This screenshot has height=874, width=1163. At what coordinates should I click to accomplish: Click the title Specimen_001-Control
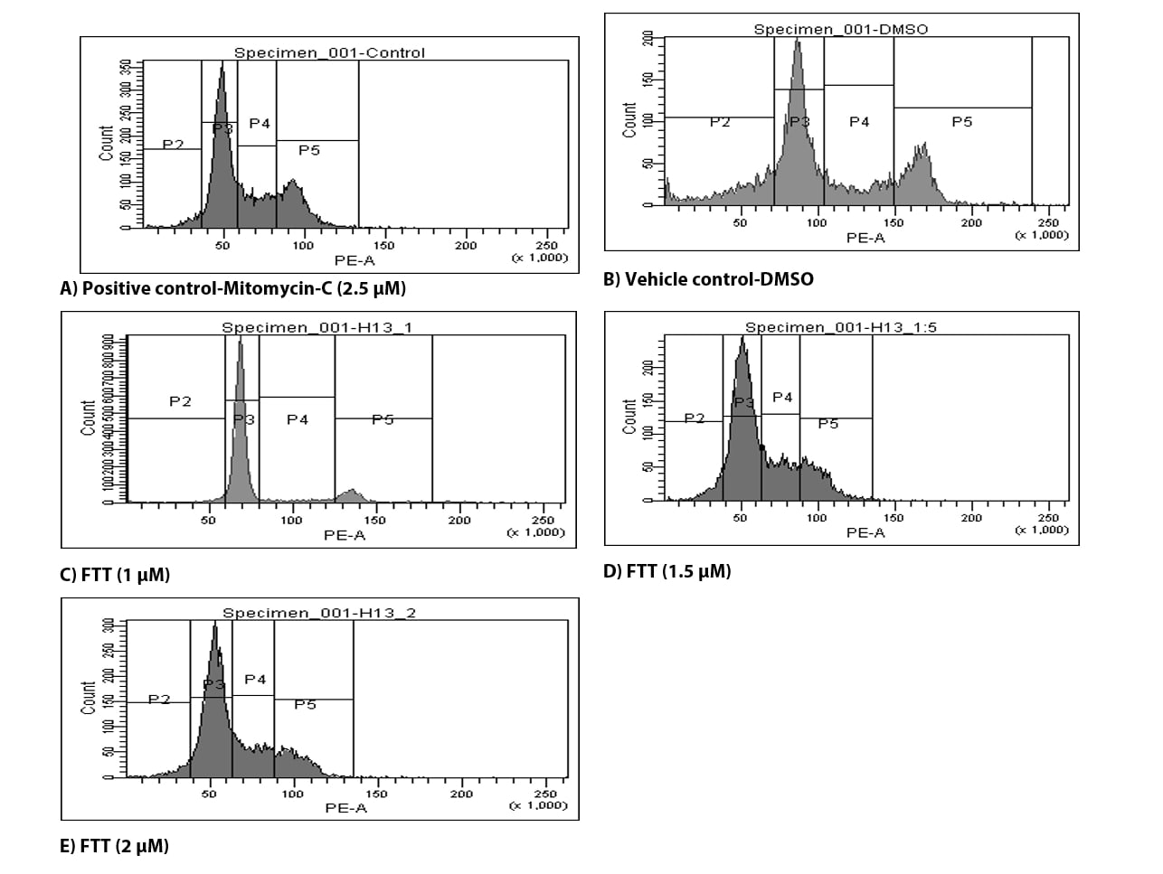329,52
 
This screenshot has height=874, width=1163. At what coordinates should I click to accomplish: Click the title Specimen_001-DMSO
840,29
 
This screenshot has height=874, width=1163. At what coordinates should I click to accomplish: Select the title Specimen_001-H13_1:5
840,327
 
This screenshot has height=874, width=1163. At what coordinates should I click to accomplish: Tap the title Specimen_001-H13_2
319,613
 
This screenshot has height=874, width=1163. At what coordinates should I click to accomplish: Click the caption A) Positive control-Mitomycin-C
232,288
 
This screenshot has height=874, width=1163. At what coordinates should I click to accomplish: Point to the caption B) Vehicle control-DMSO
708,279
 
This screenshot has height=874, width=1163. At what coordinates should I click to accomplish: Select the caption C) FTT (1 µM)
115,575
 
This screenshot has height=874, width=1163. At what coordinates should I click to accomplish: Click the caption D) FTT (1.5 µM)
667,571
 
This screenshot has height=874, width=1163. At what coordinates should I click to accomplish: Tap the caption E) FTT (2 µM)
114,847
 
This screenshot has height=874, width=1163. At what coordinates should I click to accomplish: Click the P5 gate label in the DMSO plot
961,122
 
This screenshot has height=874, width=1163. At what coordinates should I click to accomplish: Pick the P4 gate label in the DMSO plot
859,122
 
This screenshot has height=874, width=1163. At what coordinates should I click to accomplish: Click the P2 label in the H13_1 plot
180,401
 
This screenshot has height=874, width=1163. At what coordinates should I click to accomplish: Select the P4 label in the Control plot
260,124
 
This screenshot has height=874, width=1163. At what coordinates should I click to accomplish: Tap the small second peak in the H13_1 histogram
352,493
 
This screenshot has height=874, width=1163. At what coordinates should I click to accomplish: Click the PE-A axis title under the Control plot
355,260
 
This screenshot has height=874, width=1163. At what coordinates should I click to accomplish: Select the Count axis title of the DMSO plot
629,119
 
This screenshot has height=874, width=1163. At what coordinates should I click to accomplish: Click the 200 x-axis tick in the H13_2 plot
461,794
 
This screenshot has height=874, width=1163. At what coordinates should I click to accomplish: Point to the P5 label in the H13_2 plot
305,705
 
